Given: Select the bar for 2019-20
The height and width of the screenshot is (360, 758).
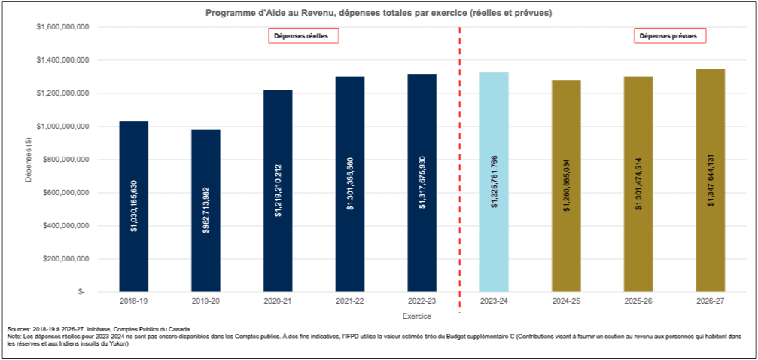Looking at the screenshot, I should tap(205, 210).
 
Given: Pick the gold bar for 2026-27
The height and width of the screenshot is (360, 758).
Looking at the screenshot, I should tap(710, 180).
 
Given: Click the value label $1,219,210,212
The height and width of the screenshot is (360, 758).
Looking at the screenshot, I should tap(278, 191).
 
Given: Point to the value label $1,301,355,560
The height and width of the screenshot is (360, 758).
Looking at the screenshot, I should tap(350, 184).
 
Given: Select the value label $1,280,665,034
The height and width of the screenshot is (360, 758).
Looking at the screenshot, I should tap(566, 187).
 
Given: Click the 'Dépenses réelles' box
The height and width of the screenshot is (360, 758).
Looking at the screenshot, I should tap(303, 35).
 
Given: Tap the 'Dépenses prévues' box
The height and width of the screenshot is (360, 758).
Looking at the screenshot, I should tap(668, 35).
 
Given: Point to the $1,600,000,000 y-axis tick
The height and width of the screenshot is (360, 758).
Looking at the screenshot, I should tap(63, 26).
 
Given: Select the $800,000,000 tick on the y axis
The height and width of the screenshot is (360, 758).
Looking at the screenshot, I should tap(65, 159).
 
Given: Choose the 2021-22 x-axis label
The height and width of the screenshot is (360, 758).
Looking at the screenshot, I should tap(350, 301).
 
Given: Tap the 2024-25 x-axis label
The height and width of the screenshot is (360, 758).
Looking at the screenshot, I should tap(566, 301).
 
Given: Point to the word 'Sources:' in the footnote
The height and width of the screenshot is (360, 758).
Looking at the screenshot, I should tap(19, 330).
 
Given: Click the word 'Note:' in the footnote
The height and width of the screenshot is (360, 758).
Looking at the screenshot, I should tap(14, 337).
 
